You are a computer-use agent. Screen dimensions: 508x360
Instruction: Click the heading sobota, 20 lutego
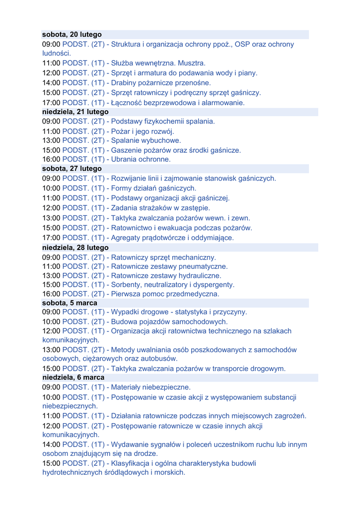[x=72, y=35]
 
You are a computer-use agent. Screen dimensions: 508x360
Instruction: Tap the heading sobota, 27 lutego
[x=72, y=169]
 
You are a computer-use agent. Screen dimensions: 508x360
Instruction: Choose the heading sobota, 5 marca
[x=70, y=303]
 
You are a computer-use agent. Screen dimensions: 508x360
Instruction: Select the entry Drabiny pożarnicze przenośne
[x=161, y=83]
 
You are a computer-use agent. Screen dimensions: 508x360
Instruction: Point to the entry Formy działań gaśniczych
[x=153, y=188]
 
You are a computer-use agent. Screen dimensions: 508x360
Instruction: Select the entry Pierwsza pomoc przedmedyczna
[x=165, y=294]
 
